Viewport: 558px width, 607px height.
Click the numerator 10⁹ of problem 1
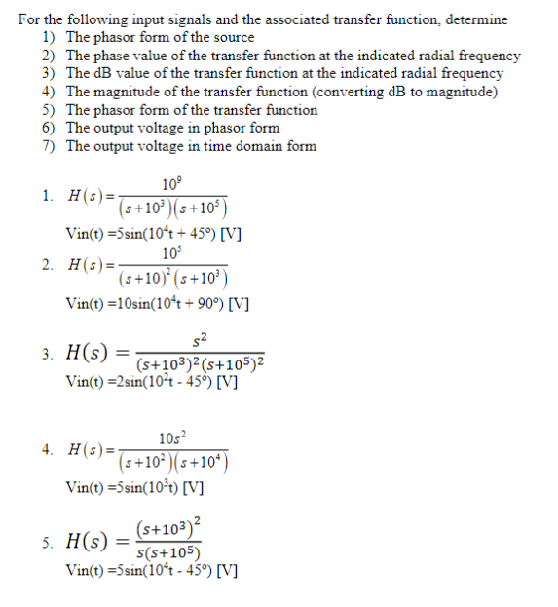point(172,182)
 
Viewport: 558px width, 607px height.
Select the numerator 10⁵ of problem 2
point(172,252)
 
